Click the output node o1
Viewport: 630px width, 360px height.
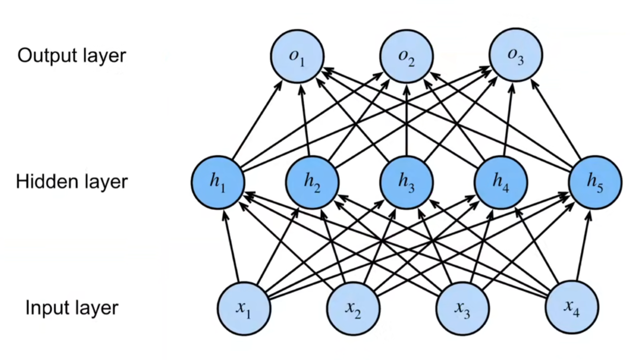[297, 55]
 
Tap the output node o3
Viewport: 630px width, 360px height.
[515, 55]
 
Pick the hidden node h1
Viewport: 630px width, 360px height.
[218, 182]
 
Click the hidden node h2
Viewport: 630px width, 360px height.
[312, 182]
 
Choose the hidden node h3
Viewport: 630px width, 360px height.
[406, 182]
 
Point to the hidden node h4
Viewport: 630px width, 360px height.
[501, 182]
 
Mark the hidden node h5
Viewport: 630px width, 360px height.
[595, 182]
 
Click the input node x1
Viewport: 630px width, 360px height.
[243, 308]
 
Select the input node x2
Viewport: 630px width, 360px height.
[353, 308]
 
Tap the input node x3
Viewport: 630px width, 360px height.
[462, 308]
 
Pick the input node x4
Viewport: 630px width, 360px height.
[572, 308]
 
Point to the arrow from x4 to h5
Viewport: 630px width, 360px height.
[583, 246]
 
